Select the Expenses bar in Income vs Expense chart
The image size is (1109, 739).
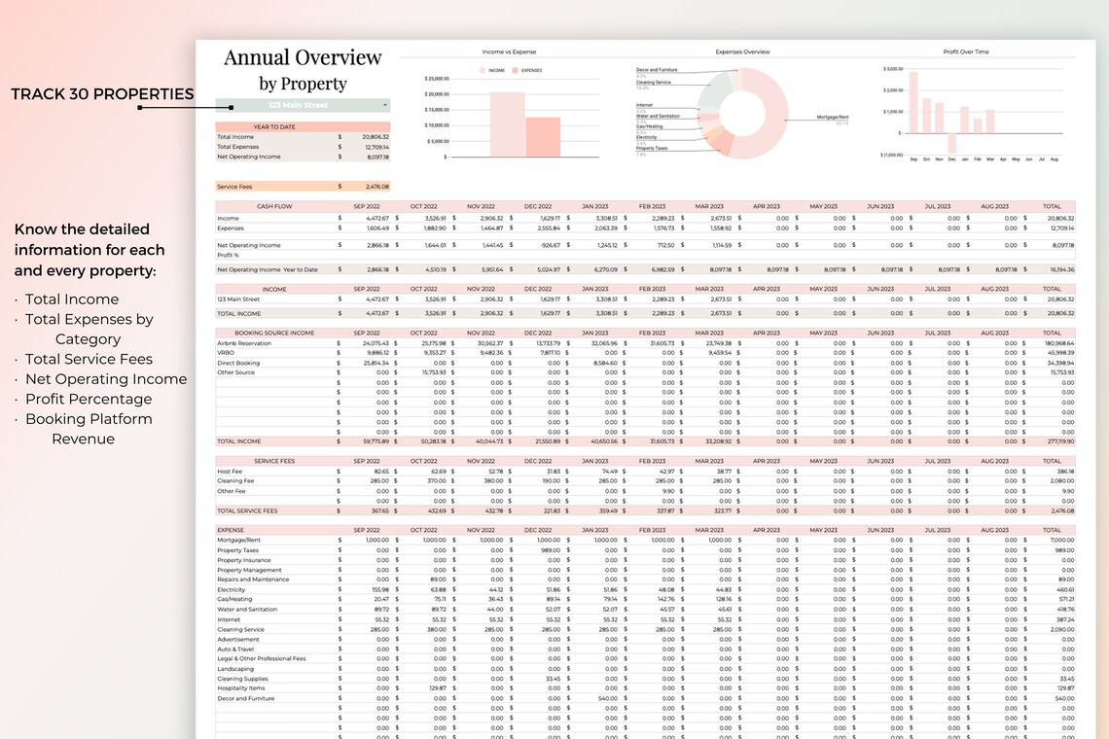pyautogui.click(x=543, y=137)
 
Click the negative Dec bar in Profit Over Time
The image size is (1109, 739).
pyautogui.click(x=951, y=143)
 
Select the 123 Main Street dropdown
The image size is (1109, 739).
pyautogui.click(x=303, y=105)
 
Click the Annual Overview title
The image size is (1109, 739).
pyautogui.click(x=303, y=57)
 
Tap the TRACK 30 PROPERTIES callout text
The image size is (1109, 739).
pyautogui.click(x=102, y=94)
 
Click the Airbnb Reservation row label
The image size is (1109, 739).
pyautogui.click(x=244, y=343)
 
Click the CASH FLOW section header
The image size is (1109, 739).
pyautogui.click(x=274, y=206)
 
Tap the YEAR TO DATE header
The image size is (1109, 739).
pyautogui.click(x=274, y=127)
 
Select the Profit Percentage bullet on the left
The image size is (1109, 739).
pyautogui.click(x=88, y=400)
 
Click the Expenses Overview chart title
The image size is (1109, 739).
pyautogui.click(x=741, y=52)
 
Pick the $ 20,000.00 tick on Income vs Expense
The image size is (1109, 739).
pyautogui.click(x=435, y=94)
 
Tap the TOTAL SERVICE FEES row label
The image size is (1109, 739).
pyautogui.click(x=247, y=510)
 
